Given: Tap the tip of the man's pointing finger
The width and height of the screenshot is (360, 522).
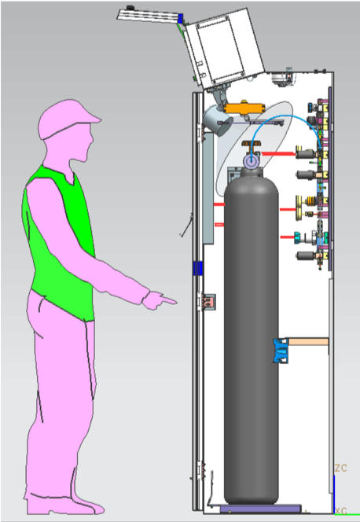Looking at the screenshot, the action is [176, 303].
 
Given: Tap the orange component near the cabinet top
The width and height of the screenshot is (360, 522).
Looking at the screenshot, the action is [244, 108].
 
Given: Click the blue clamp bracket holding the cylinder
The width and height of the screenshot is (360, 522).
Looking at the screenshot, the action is [281, 350].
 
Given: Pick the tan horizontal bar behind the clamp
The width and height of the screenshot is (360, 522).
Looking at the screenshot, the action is [308, 341].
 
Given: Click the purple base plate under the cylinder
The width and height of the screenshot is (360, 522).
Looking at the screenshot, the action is [260, 509].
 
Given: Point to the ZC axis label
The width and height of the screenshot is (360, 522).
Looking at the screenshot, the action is [340, 468].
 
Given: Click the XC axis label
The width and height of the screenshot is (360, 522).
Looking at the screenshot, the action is [341, 511].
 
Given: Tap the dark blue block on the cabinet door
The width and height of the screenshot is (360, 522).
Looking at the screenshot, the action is [197, 268].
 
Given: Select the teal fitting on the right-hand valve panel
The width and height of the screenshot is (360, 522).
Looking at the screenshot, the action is [298, 237].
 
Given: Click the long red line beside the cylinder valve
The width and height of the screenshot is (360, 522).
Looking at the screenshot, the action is [278, 154].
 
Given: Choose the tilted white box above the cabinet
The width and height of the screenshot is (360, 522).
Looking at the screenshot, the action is [225, 48].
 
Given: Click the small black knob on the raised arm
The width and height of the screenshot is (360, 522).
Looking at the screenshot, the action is [130, 8].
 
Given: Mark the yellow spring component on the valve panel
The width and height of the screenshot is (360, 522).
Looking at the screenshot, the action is [312, 200].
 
